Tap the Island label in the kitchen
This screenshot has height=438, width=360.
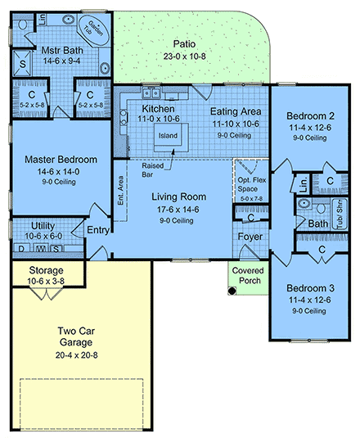click(168, 134)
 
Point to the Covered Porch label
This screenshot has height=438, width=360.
click(246, 275)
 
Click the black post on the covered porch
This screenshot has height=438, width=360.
click(234, 290)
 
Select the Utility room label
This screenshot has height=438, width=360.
click(43, 225)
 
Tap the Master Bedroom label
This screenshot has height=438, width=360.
click(61, 159)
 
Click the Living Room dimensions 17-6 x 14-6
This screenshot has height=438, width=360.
click(176, 209)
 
